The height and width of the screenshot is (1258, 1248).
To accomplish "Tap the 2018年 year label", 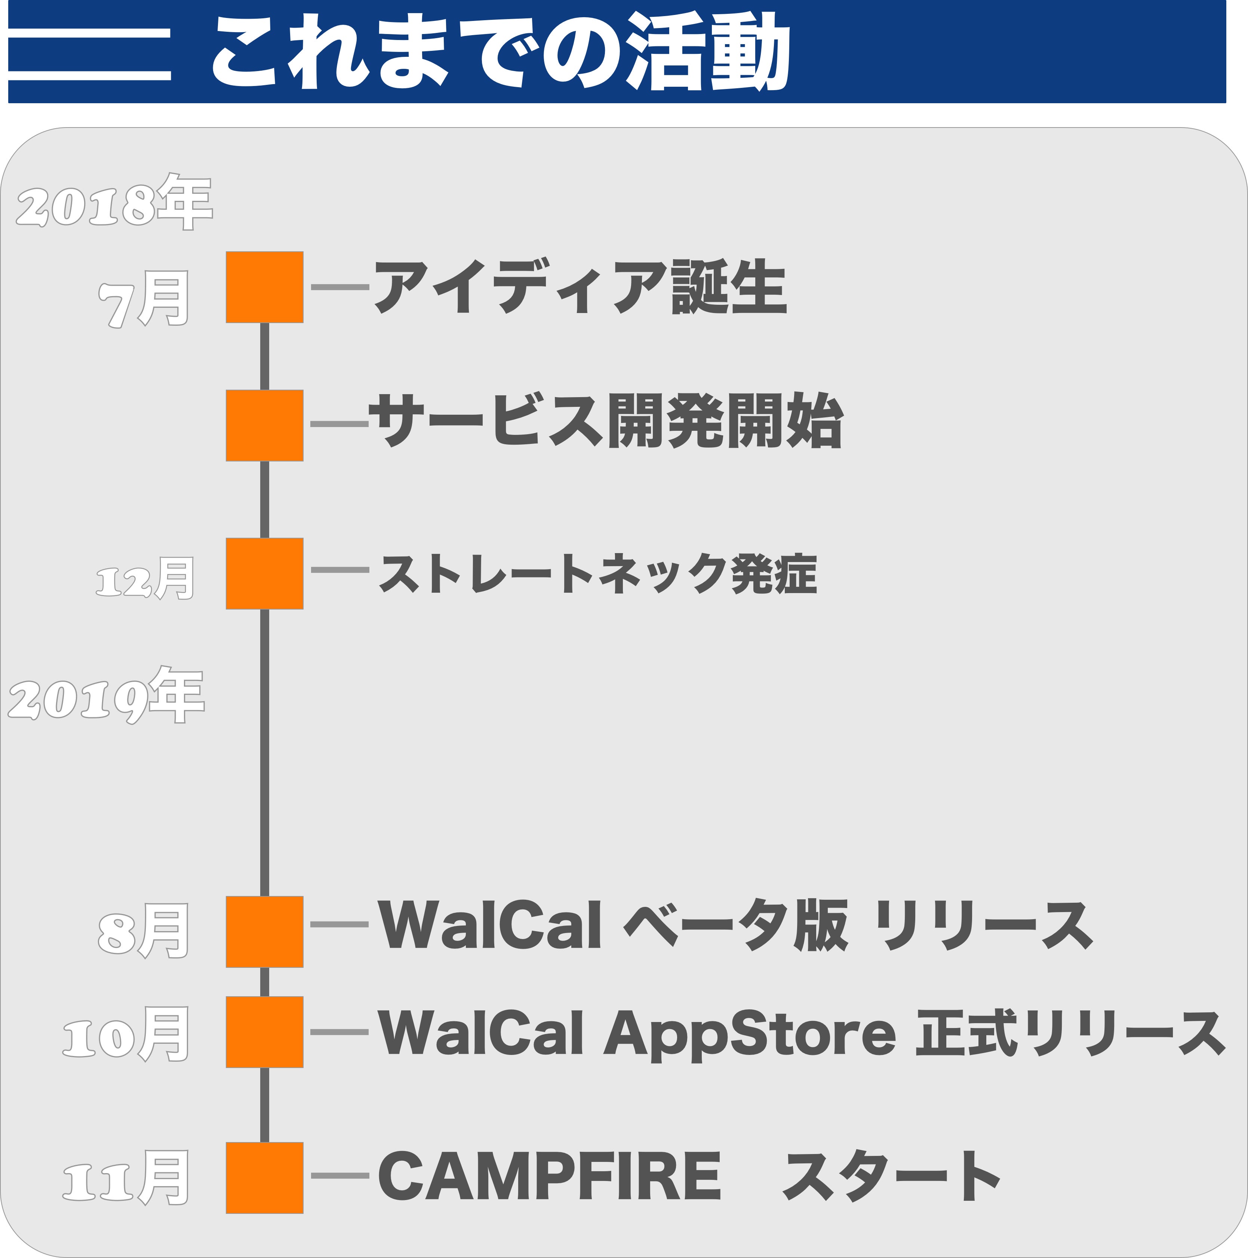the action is tap(114, 202).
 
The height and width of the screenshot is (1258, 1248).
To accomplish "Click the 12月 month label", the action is tap(145, 578).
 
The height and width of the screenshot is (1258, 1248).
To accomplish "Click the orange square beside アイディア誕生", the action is tap(264, 287).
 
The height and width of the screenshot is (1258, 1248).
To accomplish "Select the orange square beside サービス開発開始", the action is tap(264, 425).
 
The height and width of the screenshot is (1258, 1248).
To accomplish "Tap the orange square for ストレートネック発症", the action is tap(264, 574).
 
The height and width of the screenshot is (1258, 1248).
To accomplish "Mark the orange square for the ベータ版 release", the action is tap(264, 932).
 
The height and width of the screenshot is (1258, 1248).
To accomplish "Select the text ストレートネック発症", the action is tap(597, 574).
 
